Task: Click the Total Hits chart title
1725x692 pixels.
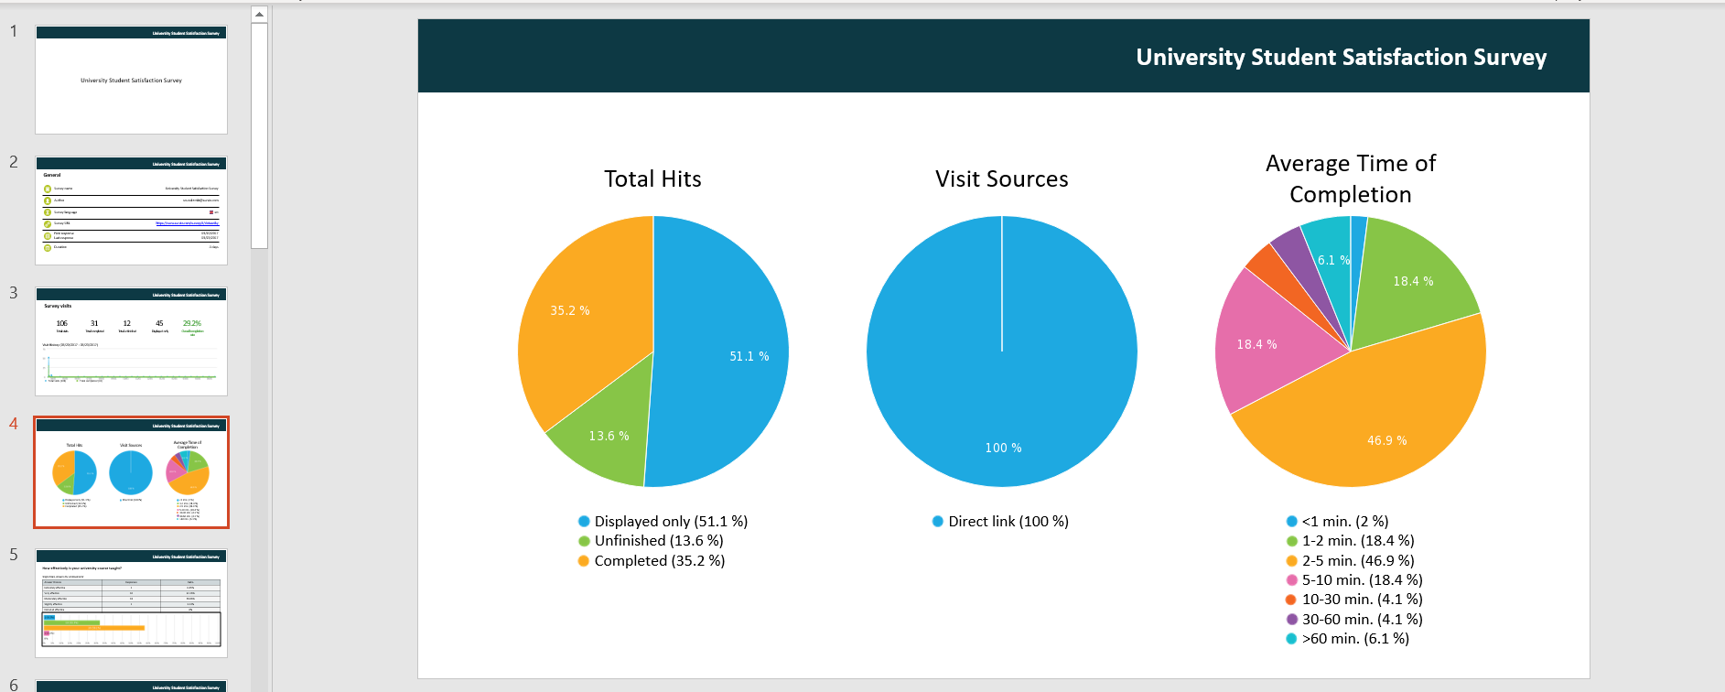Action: coord(652,179)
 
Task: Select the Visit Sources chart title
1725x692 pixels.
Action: coord(1001,179)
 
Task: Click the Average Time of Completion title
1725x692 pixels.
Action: coord(1350,178)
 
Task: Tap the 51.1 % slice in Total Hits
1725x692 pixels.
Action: coord(723,357)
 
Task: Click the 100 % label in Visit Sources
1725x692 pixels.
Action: coord(1003,448)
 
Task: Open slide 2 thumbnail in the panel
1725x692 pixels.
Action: coord(131,211)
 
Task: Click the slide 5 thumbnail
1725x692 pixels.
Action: coord(131,603)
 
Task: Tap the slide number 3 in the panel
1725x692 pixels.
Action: coord(14,293)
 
